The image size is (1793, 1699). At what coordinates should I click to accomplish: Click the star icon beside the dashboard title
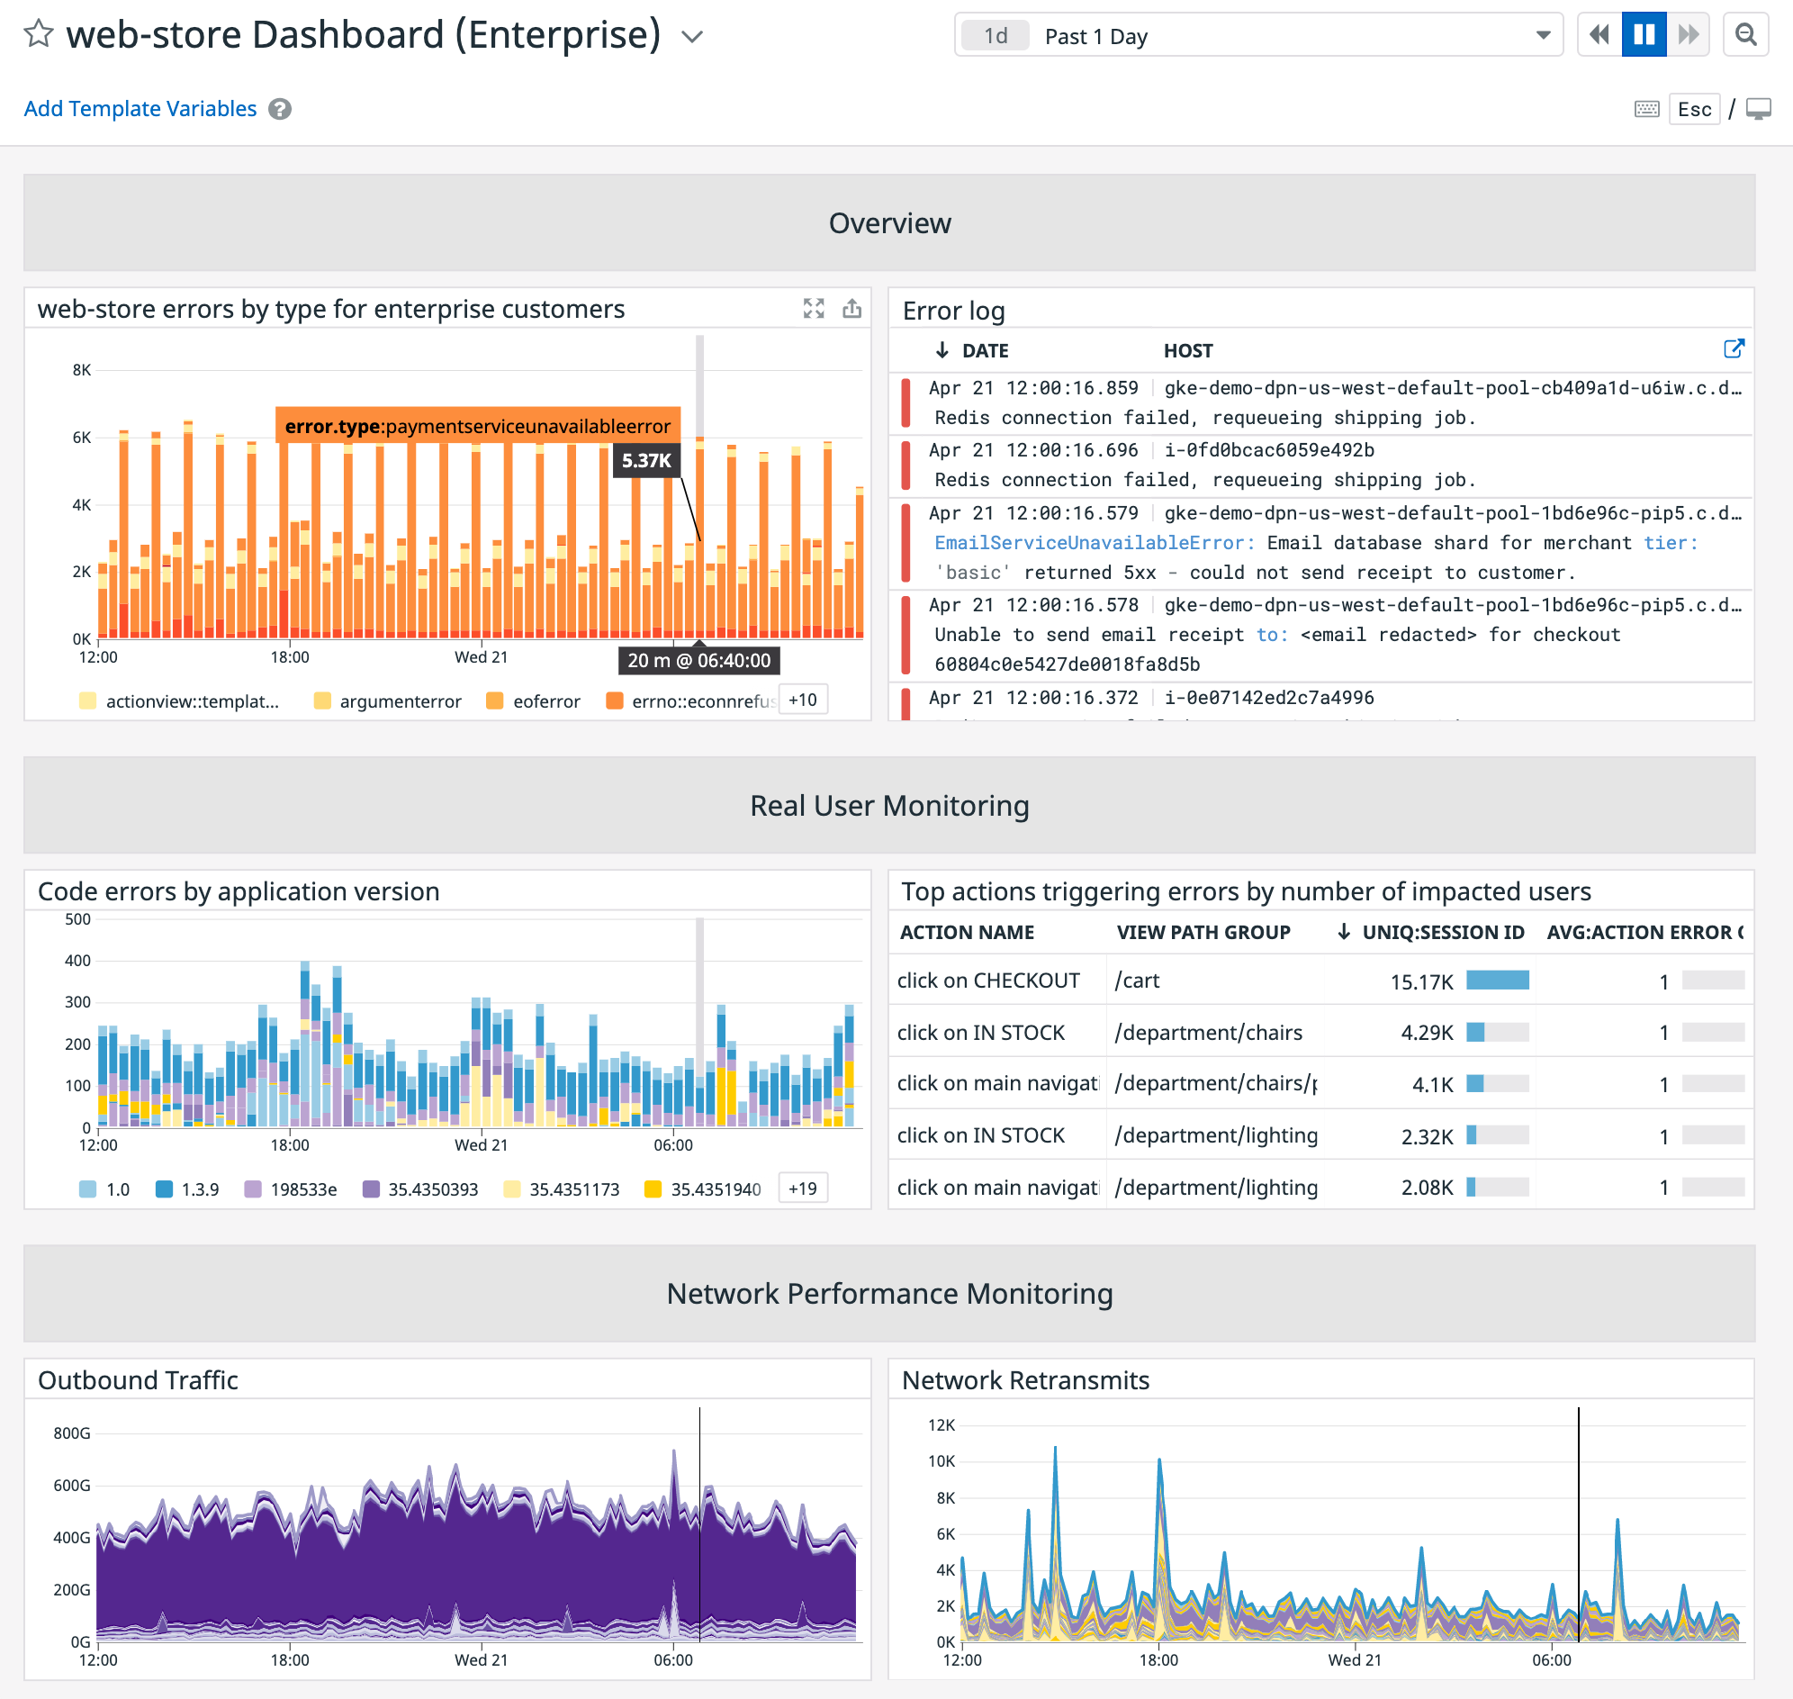tap(38, 34)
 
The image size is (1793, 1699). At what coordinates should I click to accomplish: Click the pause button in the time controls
tap(1644, 35)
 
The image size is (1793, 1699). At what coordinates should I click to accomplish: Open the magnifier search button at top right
tap(1745, 35)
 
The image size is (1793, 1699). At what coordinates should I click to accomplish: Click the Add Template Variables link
tap(140, 109)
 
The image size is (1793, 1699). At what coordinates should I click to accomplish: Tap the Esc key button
tap(1693, 110)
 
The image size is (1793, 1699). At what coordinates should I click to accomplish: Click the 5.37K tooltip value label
tap(645, 460)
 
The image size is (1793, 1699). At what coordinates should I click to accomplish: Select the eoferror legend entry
tap(545, 701)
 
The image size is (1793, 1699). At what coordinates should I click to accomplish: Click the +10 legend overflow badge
tap(802, 700)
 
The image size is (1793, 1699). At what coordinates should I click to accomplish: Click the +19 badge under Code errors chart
tap(802, 1188)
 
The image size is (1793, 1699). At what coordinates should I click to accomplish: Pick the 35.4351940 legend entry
tap(715, 1189)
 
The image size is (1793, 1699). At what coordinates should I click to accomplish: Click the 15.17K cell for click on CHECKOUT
tap(1421, 981)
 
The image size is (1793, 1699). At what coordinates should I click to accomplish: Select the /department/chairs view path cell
tap(1208, 1033)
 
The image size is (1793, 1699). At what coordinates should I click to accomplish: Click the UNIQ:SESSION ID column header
tap(1443, 932)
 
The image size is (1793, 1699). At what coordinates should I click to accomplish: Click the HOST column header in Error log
tap(1187, 350)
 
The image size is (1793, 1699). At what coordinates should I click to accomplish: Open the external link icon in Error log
tap(1734, 349)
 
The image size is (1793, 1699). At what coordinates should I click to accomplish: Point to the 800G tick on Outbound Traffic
tap(71, 1432)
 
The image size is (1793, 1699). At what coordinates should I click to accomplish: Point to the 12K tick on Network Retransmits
tap(941, 1424)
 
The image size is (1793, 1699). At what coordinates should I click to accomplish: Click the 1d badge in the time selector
tap(996, 36)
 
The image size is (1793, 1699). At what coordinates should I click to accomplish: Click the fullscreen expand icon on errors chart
tap(813, 309)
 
